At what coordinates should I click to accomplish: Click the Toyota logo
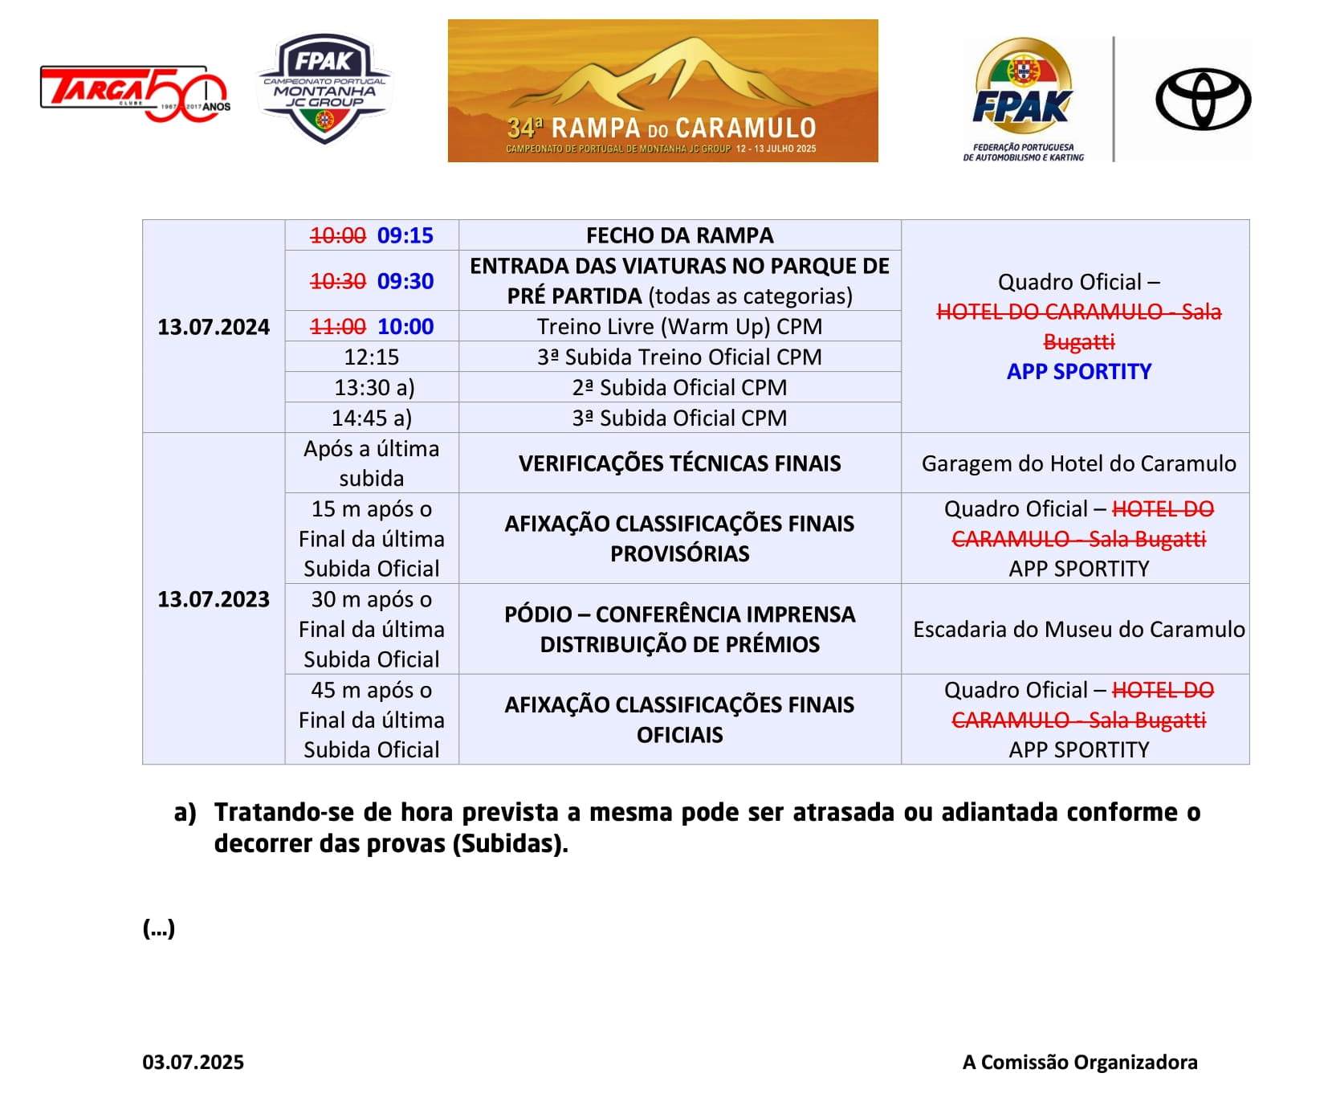[1203, 100]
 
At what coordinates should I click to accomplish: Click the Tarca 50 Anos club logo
[135, 93]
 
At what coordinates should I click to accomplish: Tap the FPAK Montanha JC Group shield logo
[324, 89]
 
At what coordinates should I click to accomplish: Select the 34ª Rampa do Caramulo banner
[662, 91]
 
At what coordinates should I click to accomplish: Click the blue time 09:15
[405, 235]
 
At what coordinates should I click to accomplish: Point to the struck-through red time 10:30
[338, 281]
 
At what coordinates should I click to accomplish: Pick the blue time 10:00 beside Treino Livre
[405, 326]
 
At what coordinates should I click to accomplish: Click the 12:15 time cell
[371, 357]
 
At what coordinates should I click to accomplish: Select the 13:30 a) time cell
[374, 387]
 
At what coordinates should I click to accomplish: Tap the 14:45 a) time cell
[371, 418]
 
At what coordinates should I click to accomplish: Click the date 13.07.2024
[214, 327]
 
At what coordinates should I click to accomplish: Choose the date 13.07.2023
[214, 599]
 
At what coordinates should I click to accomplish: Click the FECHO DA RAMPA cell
[679, 235]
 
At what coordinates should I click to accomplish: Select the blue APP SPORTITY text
[1078, 371]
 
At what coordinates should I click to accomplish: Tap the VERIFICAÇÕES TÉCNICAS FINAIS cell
[679, 463]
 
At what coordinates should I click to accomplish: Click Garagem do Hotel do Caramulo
[1078, 463]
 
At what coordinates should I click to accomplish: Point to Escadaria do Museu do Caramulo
[1078, 629]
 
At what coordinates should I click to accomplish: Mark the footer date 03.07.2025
[193, 1062]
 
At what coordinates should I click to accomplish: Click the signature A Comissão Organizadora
[1079, 1062]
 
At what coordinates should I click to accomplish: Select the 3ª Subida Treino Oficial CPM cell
[679, 357]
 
